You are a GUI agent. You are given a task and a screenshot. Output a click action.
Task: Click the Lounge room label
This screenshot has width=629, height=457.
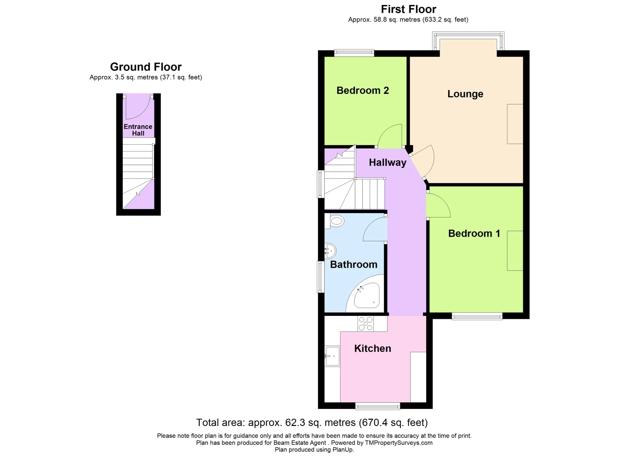pyautogui.click(x=465, y=94)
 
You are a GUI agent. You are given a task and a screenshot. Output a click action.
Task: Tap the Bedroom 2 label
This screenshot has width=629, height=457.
pyautogui.click(x=362, y=90)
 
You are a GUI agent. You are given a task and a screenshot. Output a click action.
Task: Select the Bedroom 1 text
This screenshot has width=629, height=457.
pyautogui.click(x=474, y=233)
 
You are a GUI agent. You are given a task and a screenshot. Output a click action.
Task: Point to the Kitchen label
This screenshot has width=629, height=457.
pyautogui.click(x=372, y=348)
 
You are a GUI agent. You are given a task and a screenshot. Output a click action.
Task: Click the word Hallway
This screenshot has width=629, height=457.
pyautogui.click(x=387, y=162)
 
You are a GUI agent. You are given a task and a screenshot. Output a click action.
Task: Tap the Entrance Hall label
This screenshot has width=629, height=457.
pyautogui.click(x=138, y=130)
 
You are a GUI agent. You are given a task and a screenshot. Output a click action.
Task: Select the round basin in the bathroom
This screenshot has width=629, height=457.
pyautogui.click(x=330, y=251)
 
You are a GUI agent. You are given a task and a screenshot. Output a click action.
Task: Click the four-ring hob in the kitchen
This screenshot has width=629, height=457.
pyautogui.click(x=365, y=323)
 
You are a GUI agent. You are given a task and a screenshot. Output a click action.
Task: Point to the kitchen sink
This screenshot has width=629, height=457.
pyautogui.click(x=332, y=356)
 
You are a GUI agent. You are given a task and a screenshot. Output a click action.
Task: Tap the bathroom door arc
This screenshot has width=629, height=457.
pyautogui.click(x=375, y=229)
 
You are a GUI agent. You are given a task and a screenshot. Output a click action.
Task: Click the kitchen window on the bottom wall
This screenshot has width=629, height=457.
pyautogui.click(x=378, y=406)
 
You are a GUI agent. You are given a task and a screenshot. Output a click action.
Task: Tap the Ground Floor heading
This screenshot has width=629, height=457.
pyautogui.click(x=146, y=67)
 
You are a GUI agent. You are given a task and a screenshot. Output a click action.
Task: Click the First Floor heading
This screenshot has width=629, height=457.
pyautogui.click(x=408, y=9)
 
